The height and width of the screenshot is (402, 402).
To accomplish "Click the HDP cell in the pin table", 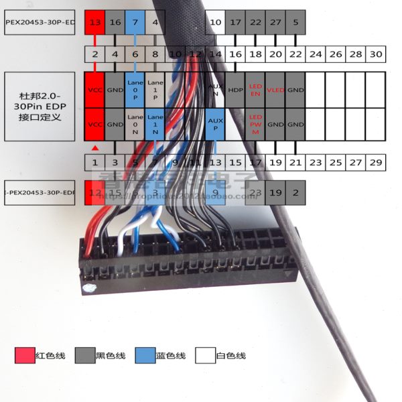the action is pos(235,90).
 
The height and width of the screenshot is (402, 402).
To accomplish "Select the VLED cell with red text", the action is pos(275,90).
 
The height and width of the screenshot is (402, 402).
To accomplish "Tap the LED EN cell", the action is pos(255,90).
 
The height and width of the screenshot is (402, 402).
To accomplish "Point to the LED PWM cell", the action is pos(255,125).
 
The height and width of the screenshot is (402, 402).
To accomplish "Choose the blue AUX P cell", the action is pos(215,125).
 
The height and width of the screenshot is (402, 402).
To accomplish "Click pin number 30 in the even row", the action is pos(376,54).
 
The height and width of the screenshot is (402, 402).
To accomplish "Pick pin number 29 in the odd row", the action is pos(376,162).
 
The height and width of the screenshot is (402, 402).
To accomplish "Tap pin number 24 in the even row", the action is pos(316,54).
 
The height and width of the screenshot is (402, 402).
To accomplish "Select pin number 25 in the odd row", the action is pos(336,162).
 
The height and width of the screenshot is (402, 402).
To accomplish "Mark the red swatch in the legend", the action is pos(25,355).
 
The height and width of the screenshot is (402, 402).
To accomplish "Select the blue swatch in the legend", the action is pos(145,355).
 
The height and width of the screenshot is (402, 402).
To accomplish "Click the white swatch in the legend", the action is pos(205,355).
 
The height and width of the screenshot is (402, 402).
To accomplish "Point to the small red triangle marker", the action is pos(95,147).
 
